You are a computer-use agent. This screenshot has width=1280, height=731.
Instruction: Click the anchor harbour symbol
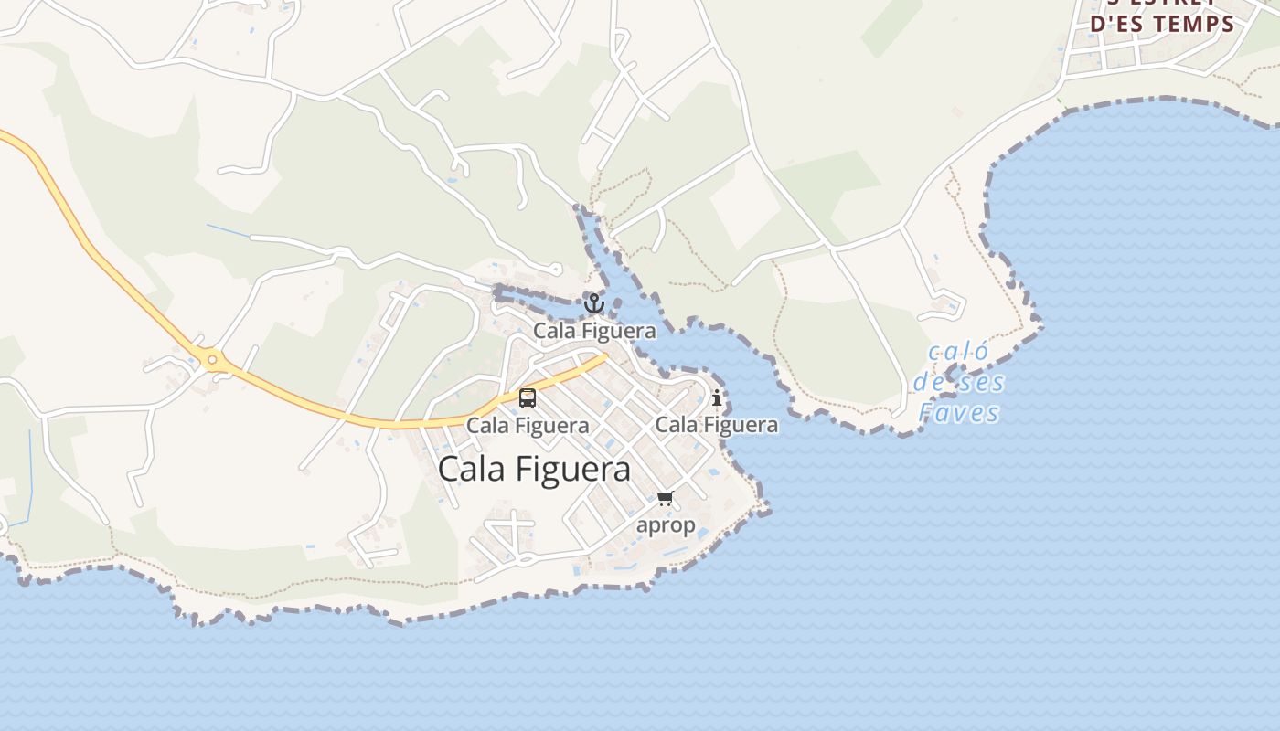tap(594, 302)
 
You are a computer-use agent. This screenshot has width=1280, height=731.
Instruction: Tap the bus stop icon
tap(528, 397)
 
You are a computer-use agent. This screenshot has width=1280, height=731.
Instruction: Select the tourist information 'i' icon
tap(717, 397)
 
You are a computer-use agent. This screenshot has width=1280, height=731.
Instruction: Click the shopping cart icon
tap(665, 499)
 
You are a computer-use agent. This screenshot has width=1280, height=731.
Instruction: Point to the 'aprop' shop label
tap(666, 525)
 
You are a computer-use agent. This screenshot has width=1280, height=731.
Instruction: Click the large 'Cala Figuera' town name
tap(534, 469)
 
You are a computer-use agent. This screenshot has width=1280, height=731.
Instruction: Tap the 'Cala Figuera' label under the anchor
tap(594, 330)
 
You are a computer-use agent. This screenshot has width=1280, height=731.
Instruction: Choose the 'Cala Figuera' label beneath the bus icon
tap(528, 425)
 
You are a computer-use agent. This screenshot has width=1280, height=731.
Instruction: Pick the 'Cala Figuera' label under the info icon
tap(717, 424)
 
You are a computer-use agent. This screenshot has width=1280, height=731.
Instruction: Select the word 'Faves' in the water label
tap(959, 413)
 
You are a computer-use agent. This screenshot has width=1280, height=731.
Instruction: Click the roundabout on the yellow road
tap(212, 360)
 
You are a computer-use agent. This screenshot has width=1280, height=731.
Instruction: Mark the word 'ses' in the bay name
tap(982, 382)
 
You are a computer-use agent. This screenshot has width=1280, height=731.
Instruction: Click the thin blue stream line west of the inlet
tap(229, 231)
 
